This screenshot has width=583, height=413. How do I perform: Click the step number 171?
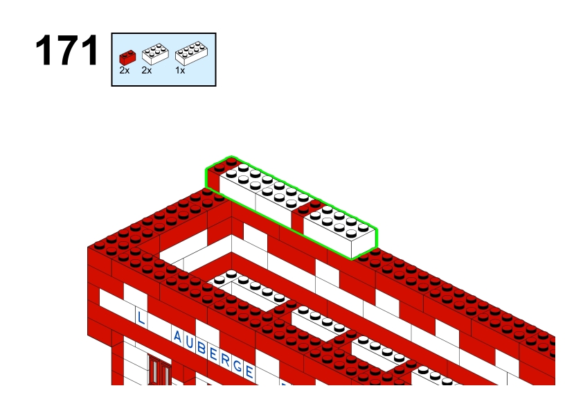tap(67, 50)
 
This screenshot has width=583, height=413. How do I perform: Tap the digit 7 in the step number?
tap(67, 50)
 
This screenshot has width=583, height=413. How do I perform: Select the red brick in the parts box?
tap(127, 58)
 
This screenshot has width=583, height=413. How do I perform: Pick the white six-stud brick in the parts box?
tap(155, 54)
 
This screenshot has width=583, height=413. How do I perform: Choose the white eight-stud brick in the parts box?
tap(192, 53)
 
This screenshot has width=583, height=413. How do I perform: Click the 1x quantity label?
tap(180, 70)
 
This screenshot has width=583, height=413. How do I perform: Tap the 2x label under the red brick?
tap(125, 70)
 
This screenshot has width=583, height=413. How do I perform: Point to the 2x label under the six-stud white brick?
tap(147, 70)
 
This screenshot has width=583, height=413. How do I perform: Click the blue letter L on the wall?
tap(141, 318)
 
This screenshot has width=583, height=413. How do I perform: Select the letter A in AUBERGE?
tap(177, 337)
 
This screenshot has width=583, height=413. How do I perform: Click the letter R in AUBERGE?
tap(225, 360)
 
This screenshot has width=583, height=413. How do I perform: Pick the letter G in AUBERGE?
tap(237, 366)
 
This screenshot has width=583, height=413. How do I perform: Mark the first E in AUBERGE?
tap(213, 354)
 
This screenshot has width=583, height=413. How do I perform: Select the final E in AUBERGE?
tap(249, 371)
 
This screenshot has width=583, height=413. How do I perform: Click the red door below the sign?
tap(160, 369)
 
